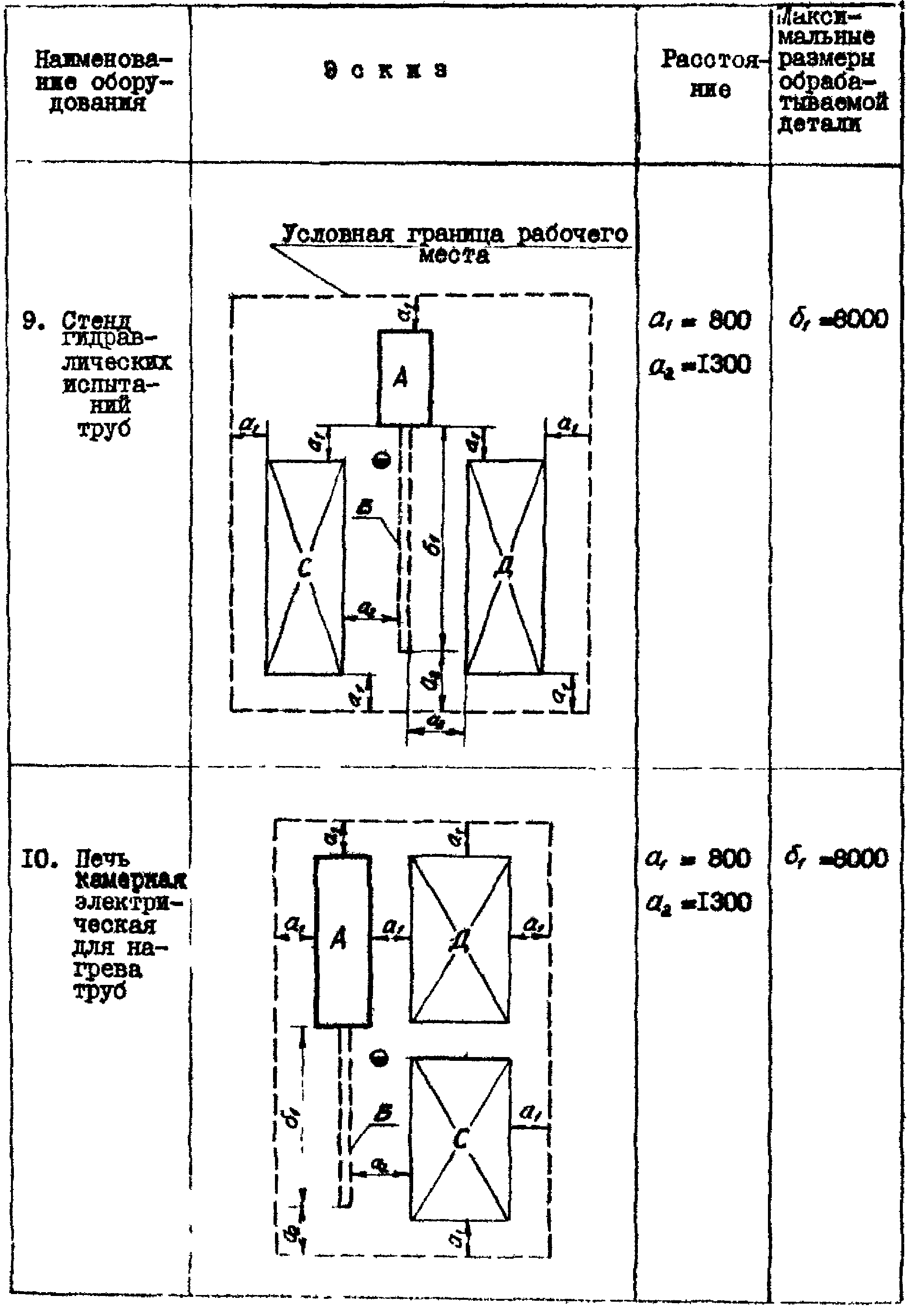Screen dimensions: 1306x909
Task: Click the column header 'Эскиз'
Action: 385,71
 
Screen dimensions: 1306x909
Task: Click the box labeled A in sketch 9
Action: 404,378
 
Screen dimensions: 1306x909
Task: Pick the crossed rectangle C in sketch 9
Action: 305,567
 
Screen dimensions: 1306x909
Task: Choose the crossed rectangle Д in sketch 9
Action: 505,567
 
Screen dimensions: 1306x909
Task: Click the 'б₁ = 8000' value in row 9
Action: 838,320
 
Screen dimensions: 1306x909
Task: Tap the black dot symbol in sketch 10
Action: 379,1058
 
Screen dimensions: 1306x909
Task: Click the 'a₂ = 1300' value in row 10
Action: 700,903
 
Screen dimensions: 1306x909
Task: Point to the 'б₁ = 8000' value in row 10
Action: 838,858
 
